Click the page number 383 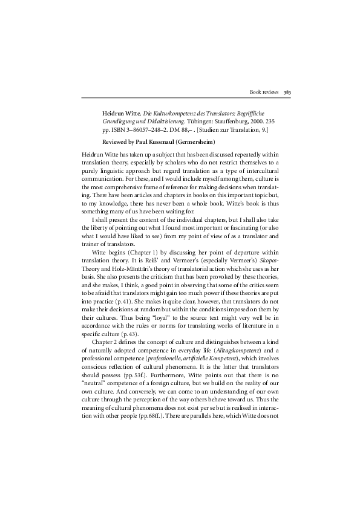coord(287,92)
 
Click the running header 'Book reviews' coord(264,92)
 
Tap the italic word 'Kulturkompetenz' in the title coord(172,113)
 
